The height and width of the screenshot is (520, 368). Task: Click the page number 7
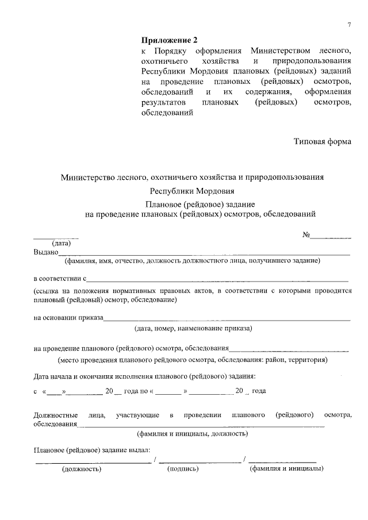(348, 24)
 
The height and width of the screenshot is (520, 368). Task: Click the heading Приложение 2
(169, 40)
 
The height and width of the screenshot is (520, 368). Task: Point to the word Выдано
(46, 252)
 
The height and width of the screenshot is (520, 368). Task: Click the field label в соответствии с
(60, 279)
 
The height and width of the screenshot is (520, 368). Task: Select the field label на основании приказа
(68, 317)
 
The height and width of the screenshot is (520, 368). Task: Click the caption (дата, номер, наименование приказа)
(193, 328)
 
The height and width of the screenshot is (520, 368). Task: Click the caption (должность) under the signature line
(82, 469)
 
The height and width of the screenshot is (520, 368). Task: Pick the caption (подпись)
(183, 469)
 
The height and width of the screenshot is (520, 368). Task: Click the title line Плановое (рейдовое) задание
(193, 204)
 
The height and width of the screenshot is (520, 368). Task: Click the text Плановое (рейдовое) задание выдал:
(92, 449)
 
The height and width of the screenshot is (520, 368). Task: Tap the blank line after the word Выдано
(204, 253)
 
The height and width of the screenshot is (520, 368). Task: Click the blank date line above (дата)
(56, 237)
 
